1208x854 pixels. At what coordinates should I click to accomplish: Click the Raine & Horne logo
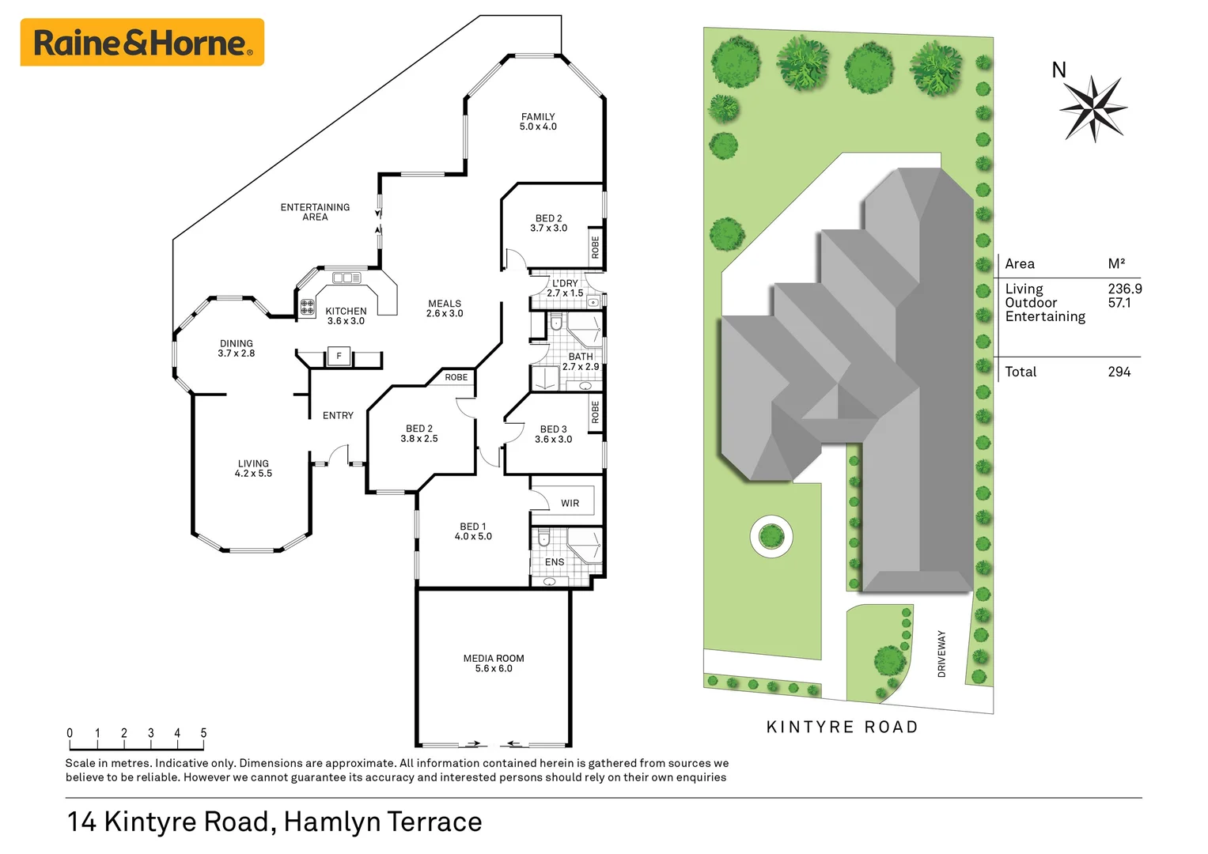click(x=142, y=43)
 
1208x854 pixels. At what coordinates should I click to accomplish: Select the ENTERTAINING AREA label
click(x=315, y=212)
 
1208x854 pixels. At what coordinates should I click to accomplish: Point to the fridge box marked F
click(x=339, y=357)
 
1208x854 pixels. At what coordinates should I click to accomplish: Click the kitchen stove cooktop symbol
click(x=308, y=308)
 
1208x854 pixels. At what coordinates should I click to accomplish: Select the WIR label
click(x=570, y=503)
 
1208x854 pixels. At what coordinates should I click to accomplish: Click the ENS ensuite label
click(x=555, y=562)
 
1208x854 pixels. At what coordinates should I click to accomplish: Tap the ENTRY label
click(x=338, y=415)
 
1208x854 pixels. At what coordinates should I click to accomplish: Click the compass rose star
click(x=1093, y=108)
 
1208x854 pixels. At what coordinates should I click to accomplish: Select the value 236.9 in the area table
click(x=1124, y=289)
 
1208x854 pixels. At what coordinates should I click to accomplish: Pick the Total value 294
click(x=1119, y=372)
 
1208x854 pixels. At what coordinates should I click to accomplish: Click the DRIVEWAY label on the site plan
click(x=941, y=653)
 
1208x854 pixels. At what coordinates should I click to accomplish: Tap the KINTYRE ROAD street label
click(x=843, y=727)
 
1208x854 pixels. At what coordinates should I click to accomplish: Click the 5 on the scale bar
click(x=203, y=733)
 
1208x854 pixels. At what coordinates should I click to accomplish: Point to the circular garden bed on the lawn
click(x=771, y=537)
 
